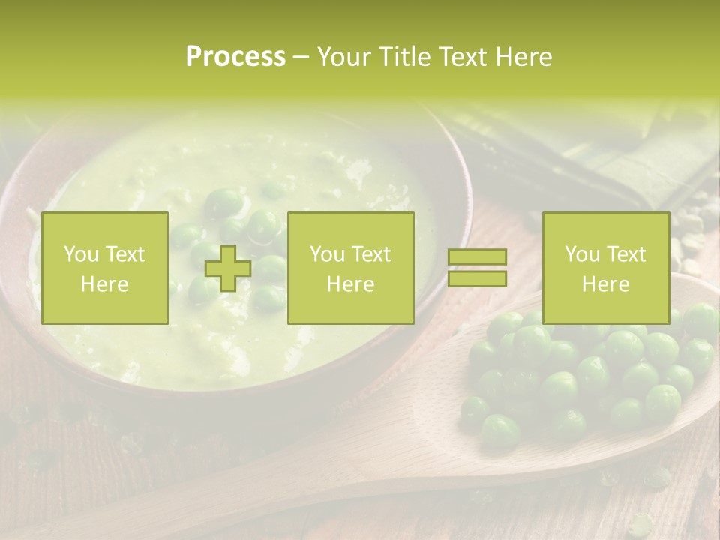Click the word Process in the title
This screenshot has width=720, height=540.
pyautogui.click(x=235, y=57)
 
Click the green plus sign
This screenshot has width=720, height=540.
pyautogui.click(x=228, y=268)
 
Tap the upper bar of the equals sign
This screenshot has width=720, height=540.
pyautogui.click(x=477, y=257)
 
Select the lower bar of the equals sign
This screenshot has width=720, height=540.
pyautogui.click(x=477, y=279)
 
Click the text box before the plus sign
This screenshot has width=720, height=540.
pyautogui.click(x=105, y=268)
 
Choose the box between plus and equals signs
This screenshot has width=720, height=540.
pyautogui.click(x=350, y=268)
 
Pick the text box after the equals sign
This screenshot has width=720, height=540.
pyautogui.click(x=605, y=268)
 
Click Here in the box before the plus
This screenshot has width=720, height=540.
pyautogui.click(x=105, y=284)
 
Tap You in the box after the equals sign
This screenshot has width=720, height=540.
pyautogui.click(x=582, y=254)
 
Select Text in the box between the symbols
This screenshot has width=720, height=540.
pyautogui.click(x=372, y=254)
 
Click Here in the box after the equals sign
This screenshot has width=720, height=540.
pyautogui.click(x=605, y=284)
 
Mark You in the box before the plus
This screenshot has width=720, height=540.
pyautogui.click(x=81, y=254)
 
